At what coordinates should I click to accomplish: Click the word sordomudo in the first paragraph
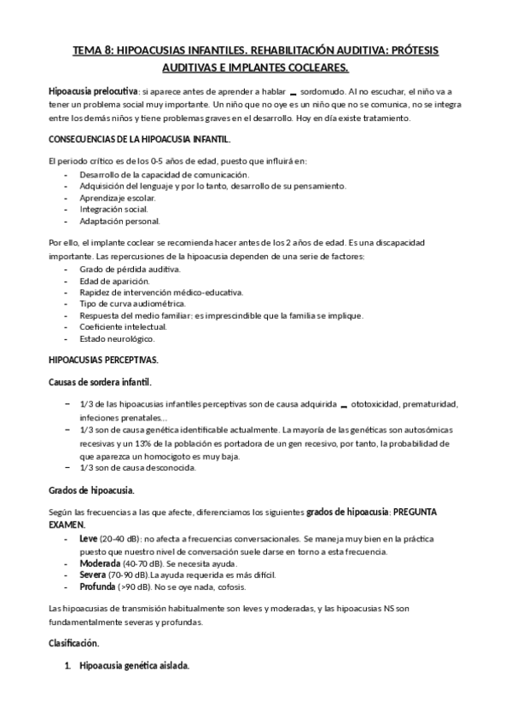tap(328, 90)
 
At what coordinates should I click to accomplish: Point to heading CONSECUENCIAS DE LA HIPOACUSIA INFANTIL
tap(139, 137)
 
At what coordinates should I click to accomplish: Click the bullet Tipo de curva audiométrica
tap(131, 304)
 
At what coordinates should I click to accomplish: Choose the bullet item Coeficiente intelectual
tap(123, 327)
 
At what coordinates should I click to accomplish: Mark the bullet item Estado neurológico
tap(117, 338)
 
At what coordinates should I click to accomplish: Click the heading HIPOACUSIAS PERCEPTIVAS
tap(103, 361)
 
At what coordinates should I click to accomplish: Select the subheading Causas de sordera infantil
tap(101, 382)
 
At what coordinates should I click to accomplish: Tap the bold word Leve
tap(89, 540)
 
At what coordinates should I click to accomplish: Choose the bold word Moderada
tap(99, 564)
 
